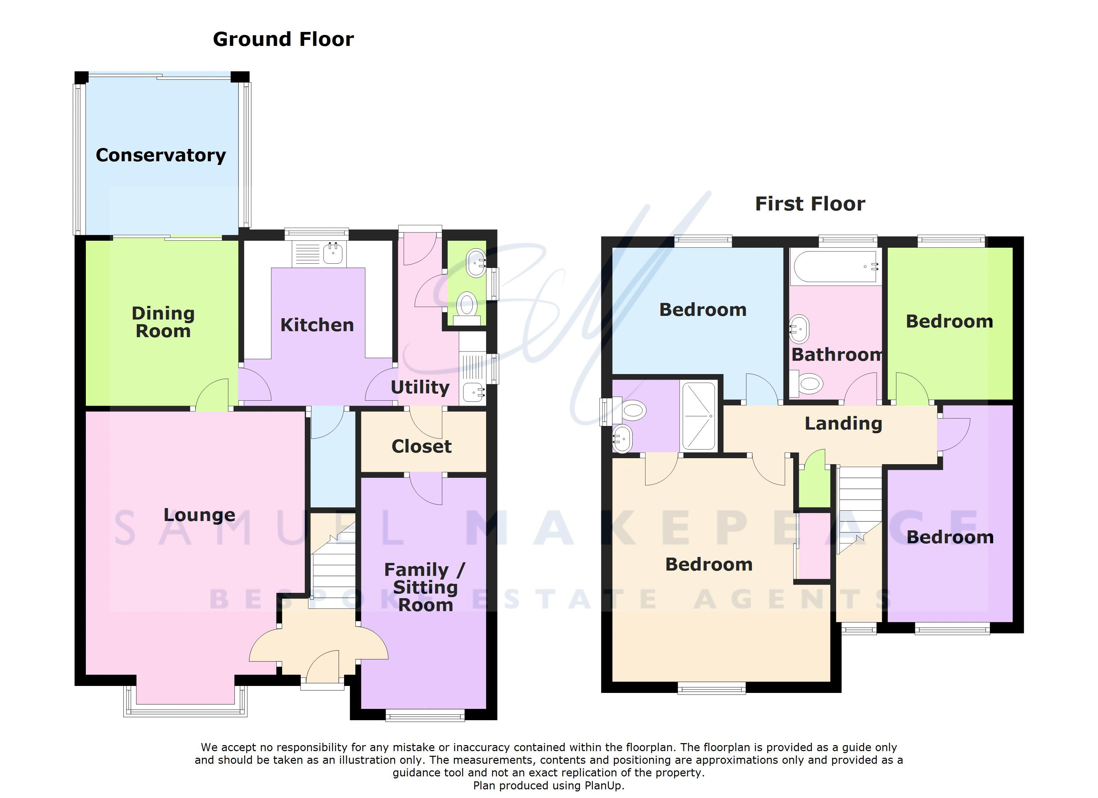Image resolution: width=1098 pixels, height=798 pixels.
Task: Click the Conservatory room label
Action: [161, 155]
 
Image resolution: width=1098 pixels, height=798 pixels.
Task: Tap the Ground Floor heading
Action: [283, 39]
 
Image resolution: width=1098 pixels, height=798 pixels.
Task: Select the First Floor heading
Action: [810, 204]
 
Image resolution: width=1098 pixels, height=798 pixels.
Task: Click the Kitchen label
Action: [317, 325]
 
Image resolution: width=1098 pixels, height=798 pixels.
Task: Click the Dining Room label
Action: [163, 322]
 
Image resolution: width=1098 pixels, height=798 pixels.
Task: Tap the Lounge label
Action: [199, 515]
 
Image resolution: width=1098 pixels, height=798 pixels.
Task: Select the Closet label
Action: [422, 446]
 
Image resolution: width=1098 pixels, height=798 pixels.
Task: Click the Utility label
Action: [420, 387]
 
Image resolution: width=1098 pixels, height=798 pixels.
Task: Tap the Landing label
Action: [843, 423]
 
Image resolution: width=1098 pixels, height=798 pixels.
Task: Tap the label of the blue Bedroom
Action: [703, 310]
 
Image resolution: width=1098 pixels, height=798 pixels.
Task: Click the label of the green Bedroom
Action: [949, 321]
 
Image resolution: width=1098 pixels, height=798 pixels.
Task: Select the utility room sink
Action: [473, 392]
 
